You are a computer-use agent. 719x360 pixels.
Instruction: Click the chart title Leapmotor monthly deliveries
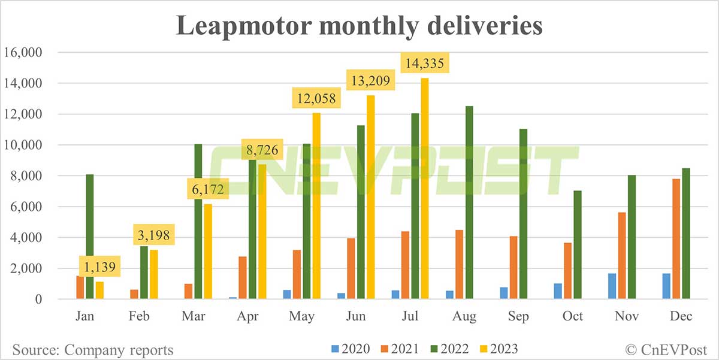point(359,27)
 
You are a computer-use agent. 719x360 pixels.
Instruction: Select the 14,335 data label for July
point(425,63)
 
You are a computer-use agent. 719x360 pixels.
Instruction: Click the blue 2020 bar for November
point(612,284)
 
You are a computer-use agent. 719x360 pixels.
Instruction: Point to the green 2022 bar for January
point(90,237)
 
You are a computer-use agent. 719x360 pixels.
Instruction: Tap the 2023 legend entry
point(497,349)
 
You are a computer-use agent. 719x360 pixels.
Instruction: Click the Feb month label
point(139,316)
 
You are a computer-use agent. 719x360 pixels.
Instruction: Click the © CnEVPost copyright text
point(665,349)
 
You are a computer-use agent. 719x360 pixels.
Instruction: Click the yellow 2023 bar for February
point(154,274)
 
